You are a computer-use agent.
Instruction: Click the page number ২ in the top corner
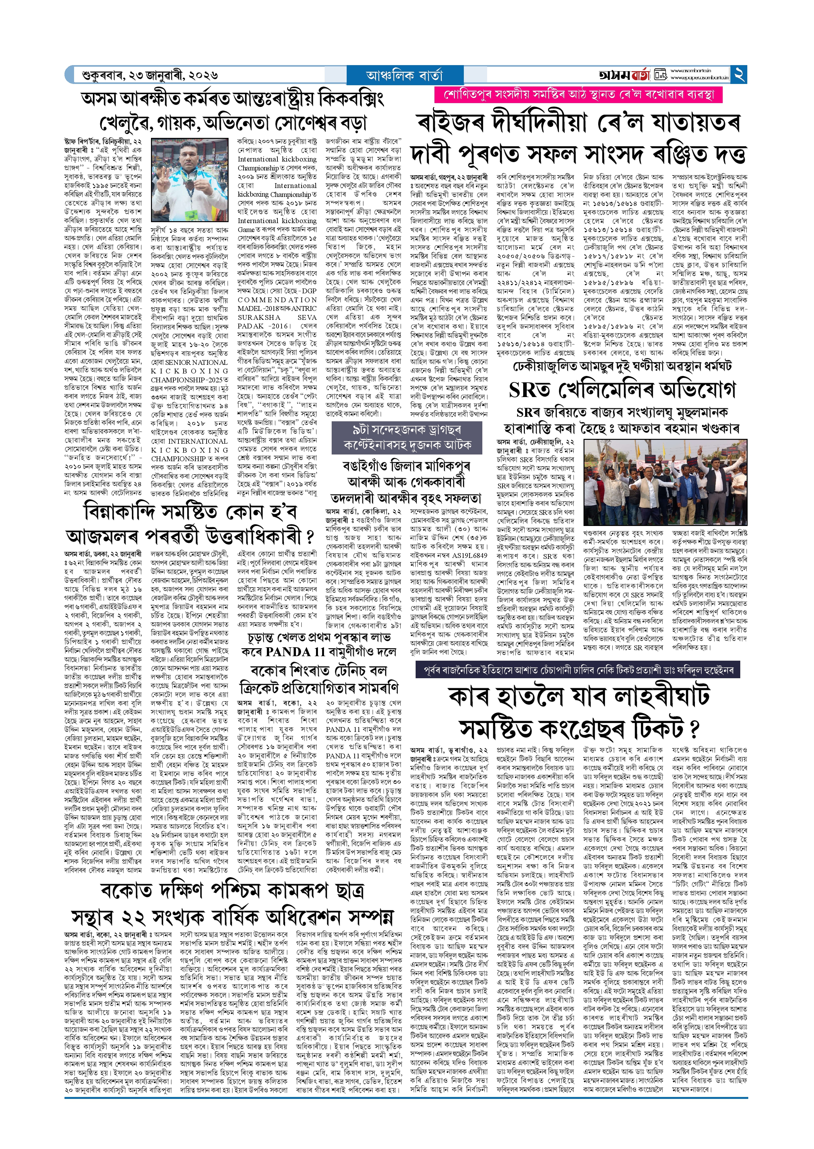pos(738,75)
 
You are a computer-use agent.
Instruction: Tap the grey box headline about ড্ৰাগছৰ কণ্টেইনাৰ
pos(407,438)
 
